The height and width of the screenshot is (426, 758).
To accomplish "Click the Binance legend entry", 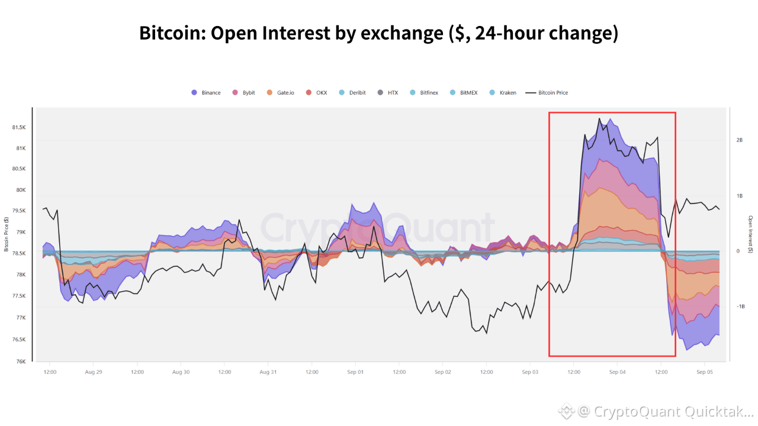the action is [x=206, y=93].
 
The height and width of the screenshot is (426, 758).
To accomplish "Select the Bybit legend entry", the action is [x=243, y=93].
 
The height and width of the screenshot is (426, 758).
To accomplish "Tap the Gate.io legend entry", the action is [x=281, y=93].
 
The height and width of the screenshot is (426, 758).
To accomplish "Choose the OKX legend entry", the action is [x=316, y=93].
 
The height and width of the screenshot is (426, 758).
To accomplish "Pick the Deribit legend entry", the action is [x=352, y=93].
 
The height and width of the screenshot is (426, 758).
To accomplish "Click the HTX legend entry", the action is [x=388, y=93].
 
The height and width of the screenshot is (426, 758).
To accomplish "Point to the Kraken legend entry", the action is [x=503, y=93].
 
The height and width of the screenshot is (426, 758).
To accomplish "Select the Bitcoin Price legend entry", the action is [x=547, y=93].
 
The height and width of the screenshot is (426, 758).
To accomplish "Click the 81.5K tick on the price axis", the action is [x=19, y=127].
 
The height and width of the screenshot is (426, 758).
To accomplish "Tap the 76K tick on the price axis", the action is [x=21, y=362].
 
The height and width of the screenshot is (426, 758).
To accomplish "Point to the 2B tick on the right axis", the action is [x=740, y=140].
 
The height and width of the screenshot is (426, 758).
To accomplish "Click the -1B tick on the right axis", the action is [x=741, y=306].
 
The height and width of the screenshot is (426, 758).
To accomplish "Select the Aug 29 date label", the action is [x=94, y=372].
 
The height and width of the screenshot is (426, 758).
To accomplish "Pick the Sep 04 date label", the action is [x=617, y=372].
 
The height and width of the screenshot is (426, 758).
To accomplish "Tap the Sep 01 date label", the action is [x=355, y=372].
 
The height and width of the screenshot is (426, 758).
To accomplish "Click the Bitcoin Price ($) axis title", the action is [x=6, y=234].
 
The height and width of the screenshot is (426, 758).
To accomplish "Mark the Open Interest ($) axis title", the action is [x=750, y=234].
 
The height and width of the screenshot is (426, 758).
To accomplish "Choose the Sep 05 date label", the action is [x=705, y=372].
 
